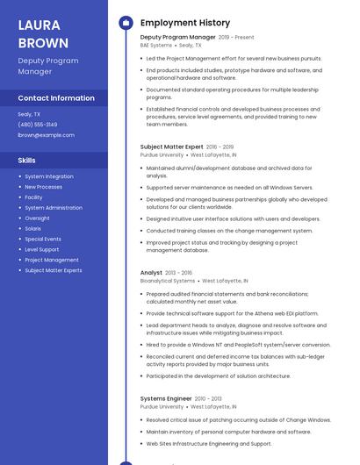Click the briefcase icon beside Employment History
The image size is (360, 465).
pos(126,23)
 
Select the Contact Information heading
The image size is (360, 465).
pos(56,98)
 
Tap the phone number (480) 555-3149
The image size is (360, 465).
pos(38,125)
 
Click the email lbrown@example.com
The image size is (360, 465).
pos(46,135)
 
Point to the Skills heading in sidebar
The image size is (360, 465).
pos(27,161)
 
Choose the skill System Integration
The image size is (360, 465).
pos(49,176)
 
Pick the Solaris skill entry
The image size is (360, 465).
pos(33,228)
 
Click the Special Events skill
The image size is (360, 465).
pos(43,239)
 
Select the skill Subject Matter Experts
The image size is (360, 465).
pos(54,270)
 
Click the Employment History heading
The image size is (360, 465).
pos(185,23)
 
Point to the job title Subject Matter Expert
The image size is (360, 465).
pos(172,147)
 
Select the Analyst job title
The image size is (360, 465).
pos(152,273)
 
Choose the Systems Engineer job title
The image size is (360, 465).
pos(166,398)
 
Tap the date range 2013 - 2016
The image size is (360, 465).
pos(179,273)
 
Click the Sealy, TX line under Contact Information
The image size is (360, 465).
pos(30,114)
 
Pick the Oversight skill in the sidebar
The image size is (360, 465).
pos(37,218)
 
